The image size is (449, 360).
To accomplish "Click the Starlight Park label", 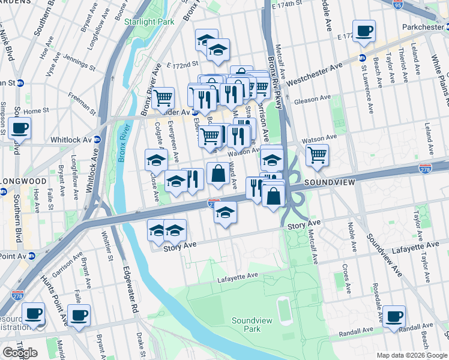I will (x=149, y=22).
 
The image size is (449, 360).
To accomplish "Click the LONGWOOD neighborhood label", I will (x=23, y=180).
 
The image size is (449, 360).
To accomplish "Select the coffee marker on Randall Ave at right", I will (x=394, y=316).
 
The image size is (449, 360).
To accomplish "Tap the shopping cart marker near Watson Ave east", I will (x=316, y=155).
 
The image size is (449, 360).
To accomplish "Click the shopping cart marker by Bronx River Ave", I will (x=163, y=98).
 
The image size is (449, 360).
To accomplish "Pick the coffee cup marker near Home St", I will (x=19, y=127).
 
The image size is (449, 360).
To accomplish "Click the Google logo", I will (x=20, y=353).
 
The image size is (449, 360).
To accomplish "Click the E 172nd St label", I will (x=182, y=64).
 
